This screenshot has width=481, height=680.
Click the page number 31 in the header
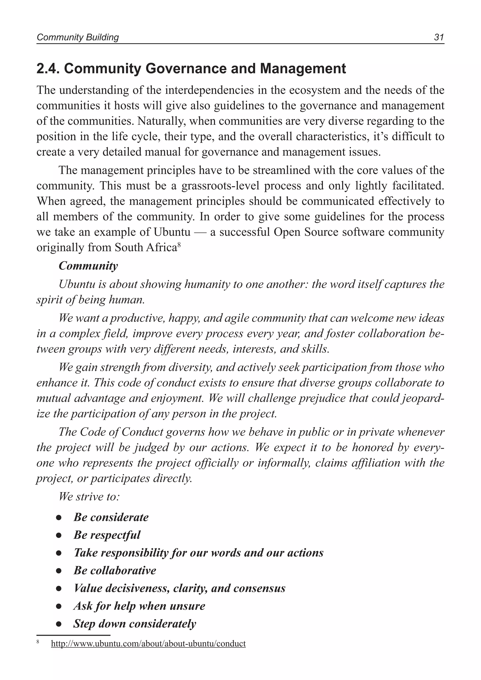click(439, 37)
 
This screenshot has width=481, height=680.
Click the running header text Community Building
click(78, 37)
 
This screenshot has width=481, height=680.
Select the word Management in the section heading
click(303, 69)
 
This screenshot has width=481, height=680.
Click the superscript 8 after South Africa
click(179, 244)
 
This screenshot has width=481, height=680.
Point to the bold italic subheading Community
click(88, 266)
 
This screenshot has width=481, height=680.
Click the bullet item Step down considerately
click(135, 624)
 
